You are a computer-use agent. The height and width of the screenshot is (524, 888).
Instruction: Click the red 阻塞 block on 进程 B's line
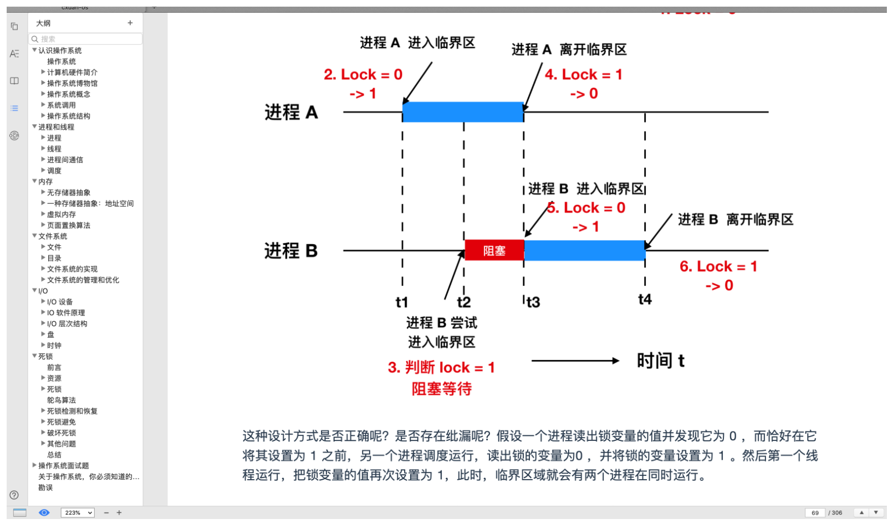coord(494,250)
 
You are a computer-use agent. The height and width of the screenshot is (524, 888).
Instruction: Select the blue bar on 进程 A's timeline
coord(463,112)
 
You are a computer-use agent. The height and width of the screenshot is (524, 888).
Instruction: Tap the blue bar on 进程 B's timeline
coord(584,250)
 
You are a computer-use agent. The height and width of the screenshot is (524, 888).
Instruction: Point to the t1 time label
coord(402,302)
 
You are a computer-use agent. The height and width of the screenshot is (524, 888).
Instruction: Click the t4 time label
coord(645,300)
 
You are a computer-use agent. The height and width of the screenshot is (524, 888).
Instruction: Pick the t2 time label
coord(464,302)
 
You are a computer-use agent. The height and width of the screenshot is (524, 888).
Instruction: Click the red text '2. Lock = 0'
coord(363,74)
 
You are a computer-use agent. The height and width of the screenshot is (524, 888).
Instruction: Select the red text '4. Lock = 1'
coord(583,74)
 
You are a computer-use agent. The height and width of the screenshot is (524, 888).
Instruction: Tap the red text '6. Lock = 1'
coord(718,266)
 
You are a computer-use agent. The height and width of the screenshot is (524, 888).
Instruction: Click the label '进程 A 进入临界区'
coord(417,43)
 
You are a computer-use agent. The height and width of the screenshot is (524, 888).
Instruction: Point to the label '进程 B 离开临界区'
coord(736,219)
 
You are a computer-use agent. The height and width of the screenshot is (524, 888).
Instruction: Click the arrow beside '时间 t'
coord(575,361)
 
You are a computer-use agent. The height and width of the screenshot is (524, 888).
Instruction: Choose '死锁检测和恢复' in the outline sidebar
coord(72,411)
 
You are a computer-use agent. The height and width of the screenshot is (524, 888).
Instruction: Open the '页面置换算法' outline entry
coord(68,225)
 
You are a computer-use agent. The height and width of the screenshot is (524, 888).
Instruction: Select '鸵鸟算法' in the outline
coord(62,400)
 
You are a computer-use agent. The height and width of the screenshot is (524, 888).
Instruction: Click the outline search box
coord(86,39)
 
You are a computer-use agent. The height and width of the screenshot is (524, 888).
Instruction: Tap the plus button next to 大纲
coord(130,23)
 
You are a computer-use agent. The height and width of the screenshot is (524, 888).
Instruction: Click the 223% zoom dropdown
coord(77,513)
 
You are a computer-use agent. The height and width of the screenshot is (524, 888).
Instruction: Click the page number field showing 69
coord(815,513)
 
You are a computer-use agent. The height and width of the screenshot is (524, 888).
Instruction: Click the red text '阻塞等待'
coord(441,389)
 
